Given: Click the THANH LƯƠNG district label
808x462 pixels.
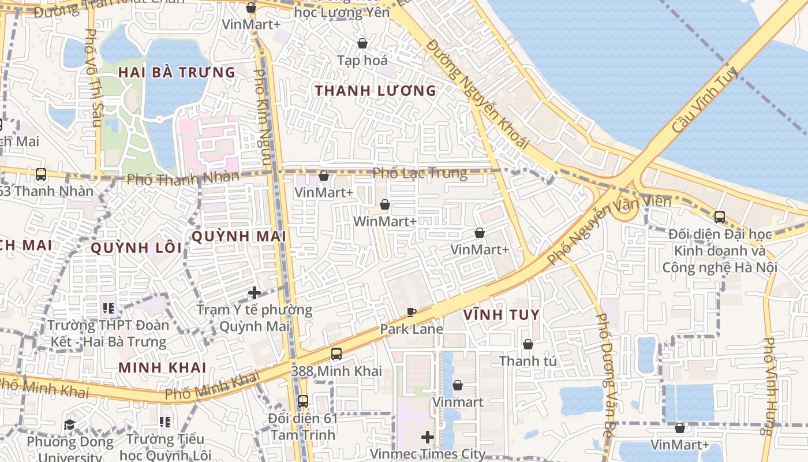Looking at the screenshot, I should click(375, 91).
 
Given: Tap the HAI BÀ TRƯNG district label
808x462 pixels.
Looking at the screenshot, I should click(177, 73).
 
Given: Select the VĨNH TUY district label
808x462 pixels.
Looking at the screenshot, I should click(501, 315).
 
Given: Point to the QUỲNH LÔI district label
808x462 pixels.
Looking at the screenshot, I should click(136, 248).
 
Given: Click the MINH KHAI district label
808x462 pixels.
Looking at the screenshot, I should click(162, 367).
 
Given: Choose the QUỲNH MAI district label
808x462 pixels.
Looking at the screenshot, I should click(238, 236).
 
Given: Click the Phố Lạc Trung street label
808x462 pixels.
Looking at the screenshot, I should click(420, 173).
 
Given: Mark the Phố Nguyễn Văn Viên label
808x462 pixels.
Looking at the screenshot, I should click(609, 229).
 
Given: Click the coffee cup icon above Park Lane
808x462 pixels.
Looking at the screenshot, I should click(411, 312).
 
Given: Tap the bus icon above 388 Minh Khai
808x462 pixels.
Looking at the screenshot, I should click(336, 354).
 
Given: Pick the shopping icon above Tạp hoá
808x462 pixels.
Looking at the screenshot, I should click(362, 43).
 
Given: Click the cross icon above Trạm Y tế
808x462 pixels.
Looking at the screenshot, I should click(255, 293).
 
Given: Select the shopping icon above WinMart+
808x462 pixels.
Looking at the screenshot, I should click(385, 204).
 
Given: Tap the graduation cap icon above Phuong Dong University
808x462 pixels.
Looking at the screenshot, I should click(70, 425).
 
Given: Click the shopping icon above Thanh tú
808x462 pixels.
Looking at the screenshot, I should click(528, 344).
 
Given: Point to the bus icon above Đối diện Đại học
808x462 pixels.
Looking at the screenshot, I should click(720, 217).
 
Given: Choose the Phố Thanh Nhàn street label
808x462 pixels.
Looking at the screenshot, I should click(182, 178).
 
